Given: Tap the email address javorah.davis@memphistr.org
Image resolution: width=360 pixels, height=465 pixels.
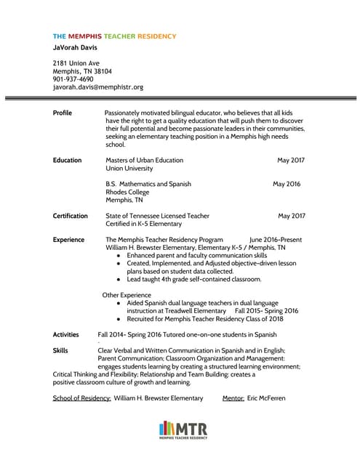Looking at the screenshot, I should [x=98, y=87].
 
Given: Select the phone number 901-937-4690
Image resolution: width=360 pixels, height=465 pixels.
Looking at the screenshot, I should [x=73, y=79].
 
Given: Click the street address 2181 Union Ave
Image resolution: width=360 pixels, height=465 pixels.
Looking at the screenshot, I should [x=76, y=63].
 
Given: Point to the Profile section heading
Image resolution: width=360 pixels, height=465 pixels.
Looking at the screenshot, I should [x=63, y=113].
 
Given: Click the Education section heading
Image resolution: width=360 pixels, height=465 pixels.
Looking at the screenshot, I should [x=68, y=160].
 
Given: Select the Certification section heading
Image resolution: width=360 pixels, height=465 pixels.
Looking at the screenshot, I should [x=71, y=216].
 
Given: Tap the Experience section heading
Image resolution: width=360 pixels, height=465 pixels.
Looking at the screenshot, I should [x=69, y=239].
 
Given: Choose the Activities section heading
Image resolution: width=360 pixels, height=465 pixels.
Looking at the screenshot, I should [x=68, y=334].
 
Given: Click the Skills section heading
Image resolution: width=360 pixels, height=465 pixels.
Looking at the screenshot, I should [x=61, y=350].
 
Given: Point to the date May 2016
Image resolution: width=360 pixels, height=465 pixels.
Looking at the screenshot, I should [x=287, y=184].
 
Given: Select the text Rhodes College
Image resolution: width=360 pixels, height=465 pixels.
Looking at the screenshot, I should [x=127, y=193].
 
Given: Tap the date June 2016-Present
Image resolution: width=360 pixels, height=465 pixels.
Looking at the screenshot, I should [x=276, y=239].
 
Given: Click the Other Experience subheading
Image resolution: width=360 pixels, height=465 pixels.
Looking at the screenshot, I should [x=127, y=295].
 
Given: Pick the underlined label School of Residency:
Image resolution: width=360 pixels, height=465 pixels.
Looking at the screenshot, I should [x=82, y=398].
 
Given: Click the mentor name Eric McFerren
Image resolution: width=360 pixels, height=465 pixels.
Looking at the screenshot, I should [x=266, y=398].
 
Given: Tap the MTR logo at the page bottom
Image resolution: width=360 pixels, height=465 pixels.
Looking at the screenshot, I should [x=183, y=429].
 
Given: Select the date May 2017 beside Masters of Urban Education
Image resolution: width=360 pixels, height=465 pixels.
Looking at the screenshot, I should [x=291, y=160].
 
